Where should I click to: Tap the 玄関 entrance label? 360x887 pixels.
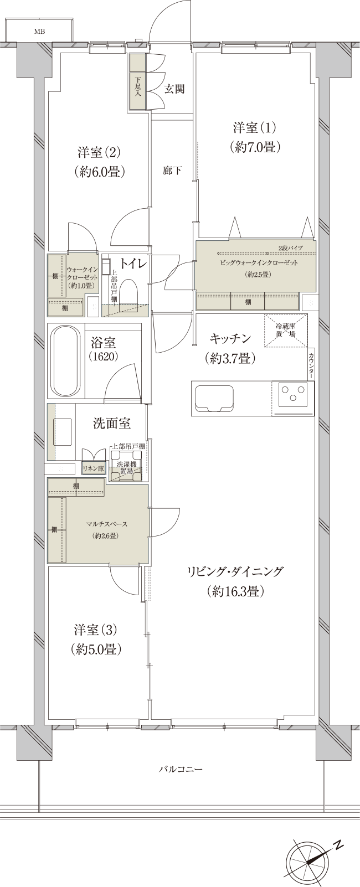[174, 89]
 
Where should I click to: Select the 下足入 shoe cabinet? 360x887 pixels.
[137, 87]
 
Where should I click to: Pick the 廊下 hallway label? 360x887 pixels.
[172, 171]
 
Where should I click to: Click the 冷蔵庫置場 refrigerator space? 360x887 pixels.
[285, 331]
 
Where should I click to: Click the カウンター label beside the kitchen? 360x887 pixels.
[312, 365]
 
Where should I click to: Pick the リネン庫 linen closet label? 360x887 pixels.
[93, 468]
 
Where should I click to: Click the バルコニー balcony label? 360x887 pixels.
[181, 770]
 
